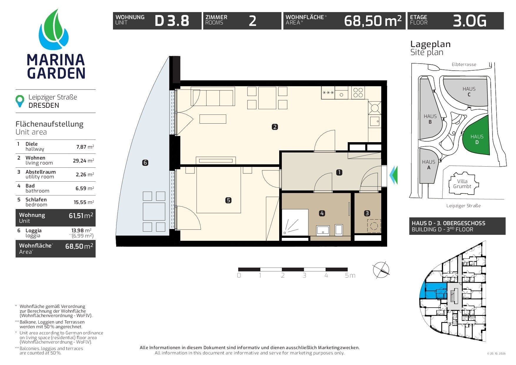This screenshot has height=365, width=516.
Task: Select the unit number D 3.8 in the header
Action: (172, 21)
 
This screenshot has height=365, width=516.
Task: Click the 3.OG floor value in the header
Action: (470, 21)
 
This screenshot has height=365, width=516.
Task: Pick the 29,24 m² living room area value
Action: (84, 161)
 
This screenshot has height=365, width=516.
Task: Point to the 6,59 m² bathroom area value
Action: (85, 188)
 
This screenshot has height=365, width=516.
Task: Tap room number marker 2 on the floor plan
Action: (275, 127)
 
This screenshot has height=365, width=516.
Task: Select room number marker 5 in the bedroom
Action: (228, 200)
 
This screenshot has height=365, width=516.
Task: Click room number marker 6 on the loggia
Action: (145, 162)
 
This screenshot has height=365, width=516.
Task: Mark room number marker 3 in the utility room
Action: (367, 213)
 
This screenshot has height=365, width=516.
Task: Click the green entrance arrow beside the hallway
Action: (393, 175)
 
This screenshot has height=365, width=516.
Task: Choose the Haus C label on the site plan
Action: (469, 92)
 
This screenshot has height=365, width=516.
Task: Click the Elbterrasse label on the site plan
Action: (464, 64)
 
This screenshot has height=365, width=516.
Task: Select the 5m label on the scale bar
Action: (350, 276)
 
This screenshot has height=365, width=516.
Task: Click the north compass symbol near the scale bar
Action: (381, 270)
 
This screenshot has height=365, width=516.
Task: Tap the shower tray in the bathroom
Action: (295, 222)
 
